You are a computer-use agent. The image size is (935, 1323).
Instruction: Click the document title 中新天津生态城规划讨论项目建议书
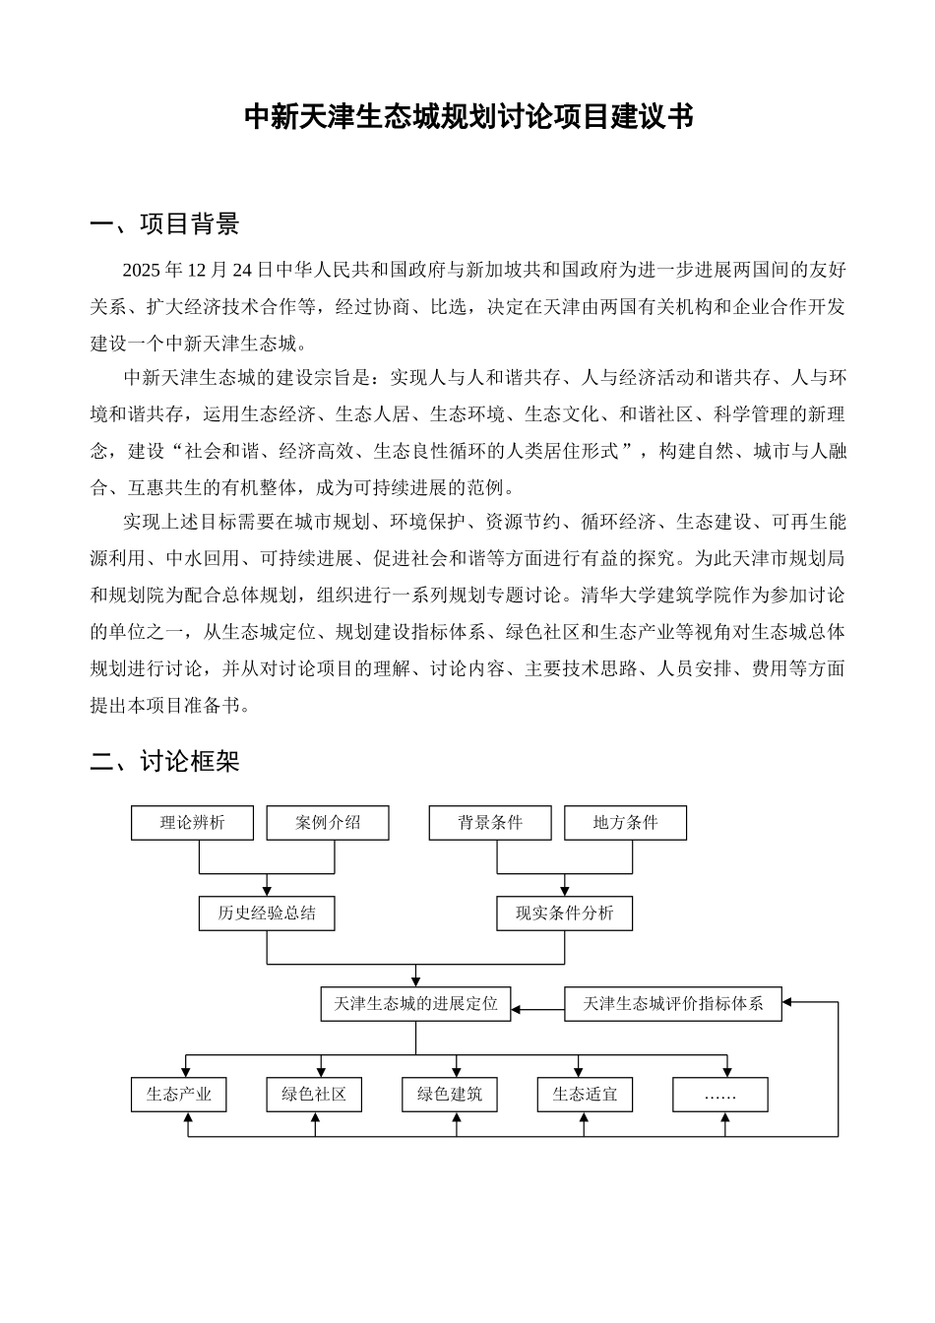(467, 117)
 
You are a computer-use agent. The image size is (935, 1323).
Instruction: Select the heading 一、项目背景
(164, 224)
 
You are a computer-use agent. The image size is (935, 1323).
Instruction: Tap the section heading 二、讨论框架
(164, 761)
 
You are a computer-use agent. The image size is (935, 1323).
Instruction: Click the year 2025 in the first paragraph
(140, 270)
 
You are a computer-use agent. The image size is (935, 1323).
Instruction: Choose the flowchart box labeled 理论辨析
(192, 823)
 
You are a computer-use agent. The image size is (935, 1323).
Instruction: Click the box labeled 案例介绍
(328, 823)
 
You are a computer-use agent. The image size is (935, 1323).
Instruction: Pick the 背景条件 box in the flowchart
(490, 823)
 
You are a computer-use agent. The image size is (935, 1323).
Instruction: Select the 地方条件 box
(625, 823)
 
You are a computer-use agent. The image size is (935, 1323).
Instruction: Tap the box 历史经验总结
(267, 913)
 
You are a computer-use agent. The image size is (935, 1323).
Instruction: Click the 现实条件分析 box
(564, 913)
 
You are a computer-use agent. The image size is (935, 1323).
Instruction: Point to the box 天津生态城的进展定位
(415, 1004)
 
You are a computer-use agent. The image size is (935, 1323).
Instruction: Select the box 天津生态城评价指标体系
(673, 1004)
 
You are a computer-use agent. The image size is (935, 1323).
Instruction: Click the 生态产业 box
(178, 1095)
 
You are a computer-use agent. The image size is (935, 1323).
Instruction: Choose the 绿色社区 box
(314, 1095)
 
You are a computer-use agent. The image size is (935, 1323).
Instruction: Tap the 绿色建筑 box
(450, 1095)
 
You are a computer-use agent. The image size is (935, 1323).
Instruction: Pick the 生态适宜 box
(585, 1095)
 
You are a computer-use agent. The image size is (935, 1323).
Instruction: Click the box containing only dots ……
(720, 1095)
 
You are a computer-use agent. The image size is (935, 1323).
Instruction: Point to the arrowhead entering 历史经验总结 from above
(267, 891)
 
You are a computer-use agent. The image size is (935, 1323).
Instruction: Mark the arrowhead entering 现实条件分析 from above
(565, 891)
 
